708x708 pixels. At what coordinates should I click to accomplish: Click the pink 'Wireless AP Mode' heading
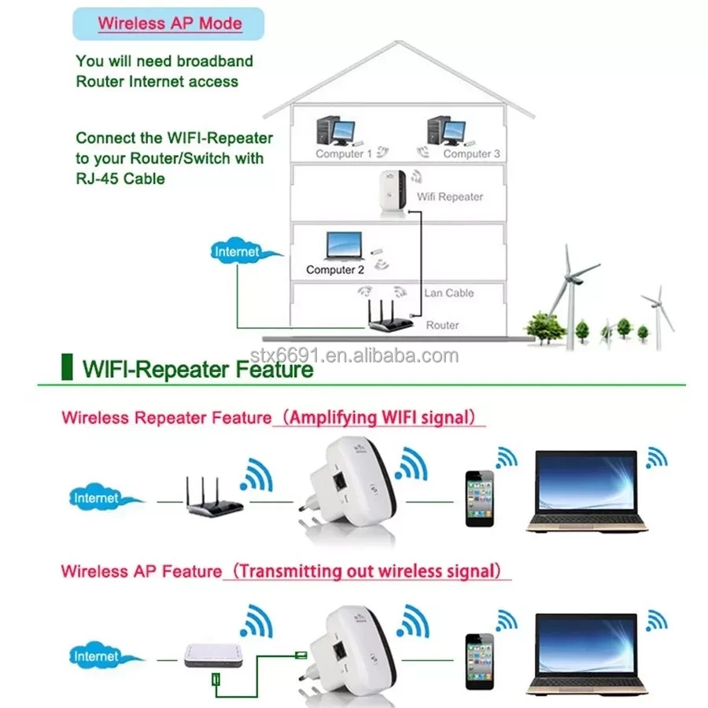coord(170,22)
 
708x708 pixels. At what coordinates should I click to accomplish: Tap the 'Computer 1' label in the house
coord(344,153)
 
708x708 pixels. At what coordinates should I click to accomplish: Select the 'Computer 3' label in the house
coord(471,153)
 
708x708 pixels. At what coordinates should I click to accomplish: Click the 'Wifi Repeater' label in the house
coord(449,197)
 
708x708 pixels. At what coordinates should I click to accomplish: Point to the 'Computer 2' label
coord(335,269)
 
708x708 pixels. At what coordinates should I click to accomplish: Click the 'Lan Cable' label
coord(448,293)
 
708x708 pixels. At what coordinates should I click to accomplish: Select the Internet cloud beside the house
coord(238,253)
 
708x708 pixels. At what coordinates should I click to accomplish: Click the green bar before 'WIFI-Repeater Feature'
coord(66,367)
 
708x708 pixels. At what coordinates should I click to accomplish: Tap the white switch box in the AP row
coord(212,655)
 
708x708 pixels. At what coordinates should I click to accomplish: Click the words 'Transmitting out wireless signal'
coord(368,570)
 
